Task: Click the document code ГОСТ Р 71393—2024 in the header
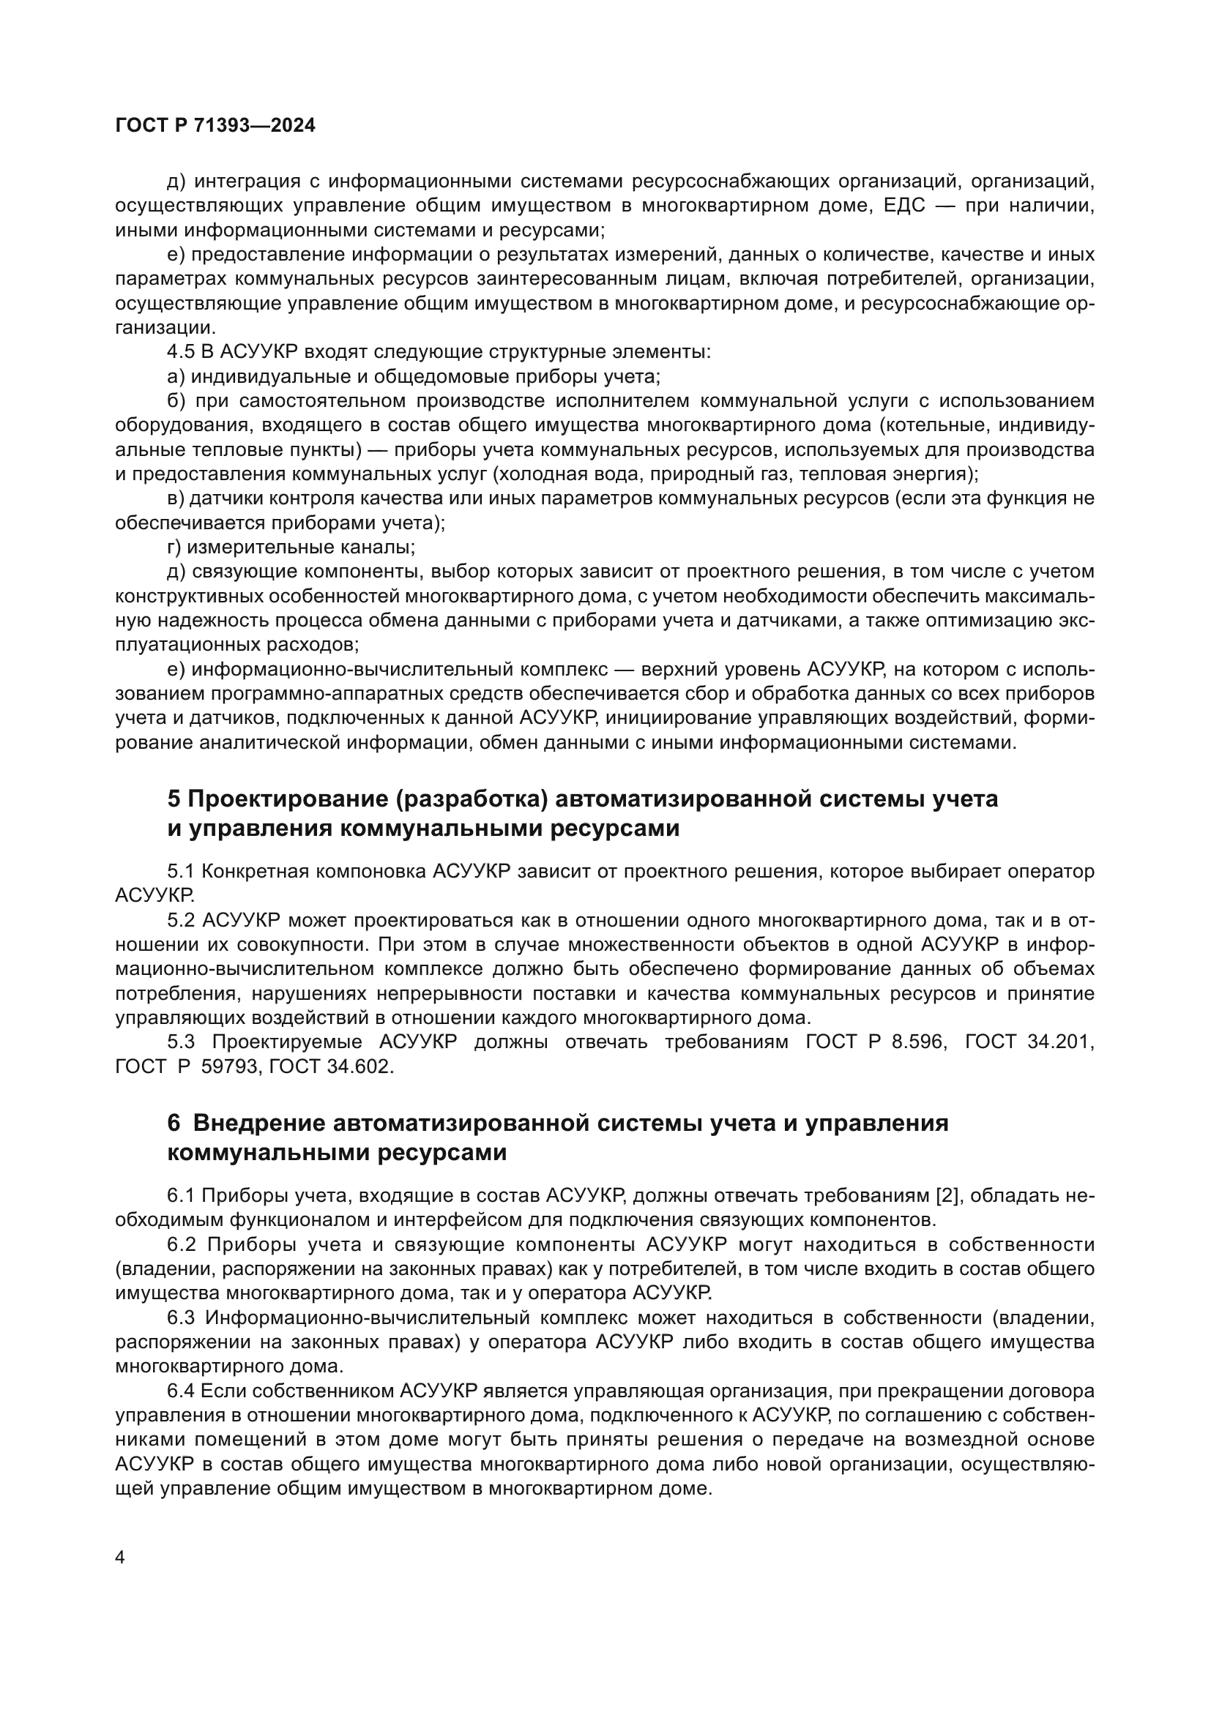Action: tap(215, 125)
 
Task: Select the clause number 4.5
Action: tap(180, 352)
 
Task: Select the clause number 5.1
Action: tap(180, 872)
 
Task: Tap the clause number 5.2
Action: tap(180, 921)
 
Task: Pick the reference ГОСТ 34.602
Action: tap(329, 1067)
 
